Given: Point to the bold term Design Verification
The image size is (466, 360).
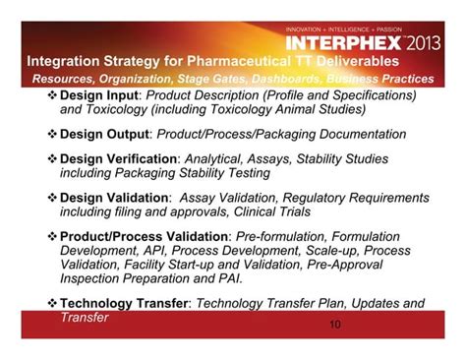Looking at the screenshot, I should pyautogui.click(x=119, y=157).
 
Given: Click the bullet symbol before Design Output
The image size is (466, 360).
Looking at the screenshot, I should pyautogui.click(x=53, y=133).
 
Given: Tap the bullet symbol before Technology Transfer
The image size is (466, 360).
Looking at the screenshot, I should pyautogui.click(x=53, y=304).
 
